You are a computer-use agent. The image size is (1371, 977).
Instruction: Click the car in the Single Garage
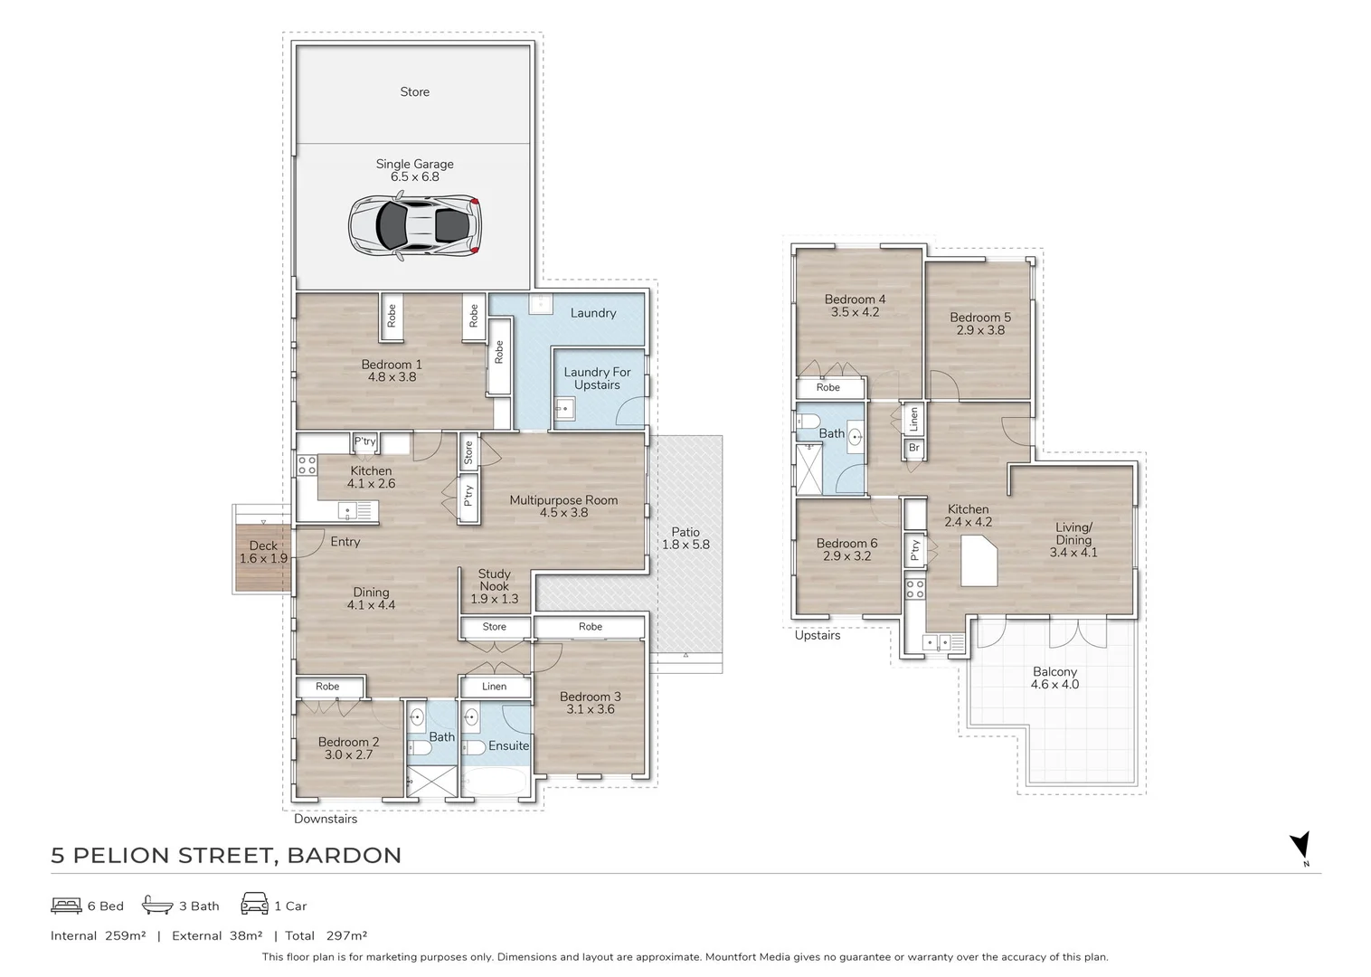pos(415,225)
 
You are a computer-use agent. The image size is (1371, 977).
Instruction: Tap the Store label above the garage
pos(415,91)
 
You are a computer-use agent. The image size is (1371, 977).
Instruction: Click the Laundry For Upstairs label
pos(597,378)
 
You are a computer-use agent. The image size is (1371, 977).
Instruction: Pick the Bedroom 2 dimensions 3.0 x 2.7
pos(349,754)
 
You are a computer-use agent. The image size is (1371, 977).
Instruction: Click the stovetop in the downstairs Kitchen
pos(307,465)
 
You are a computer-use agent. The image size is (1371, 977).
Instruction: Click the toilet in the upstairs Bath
pos(808,421)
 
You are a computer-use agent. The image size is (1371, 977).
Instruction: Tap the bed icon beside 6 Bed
pos(66,906)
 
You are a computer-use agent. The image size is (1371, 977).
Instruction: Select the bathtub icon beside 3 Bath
pos(157,905)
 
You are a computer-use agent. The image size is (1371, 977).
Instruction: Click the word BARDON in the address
pos(344,856)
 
